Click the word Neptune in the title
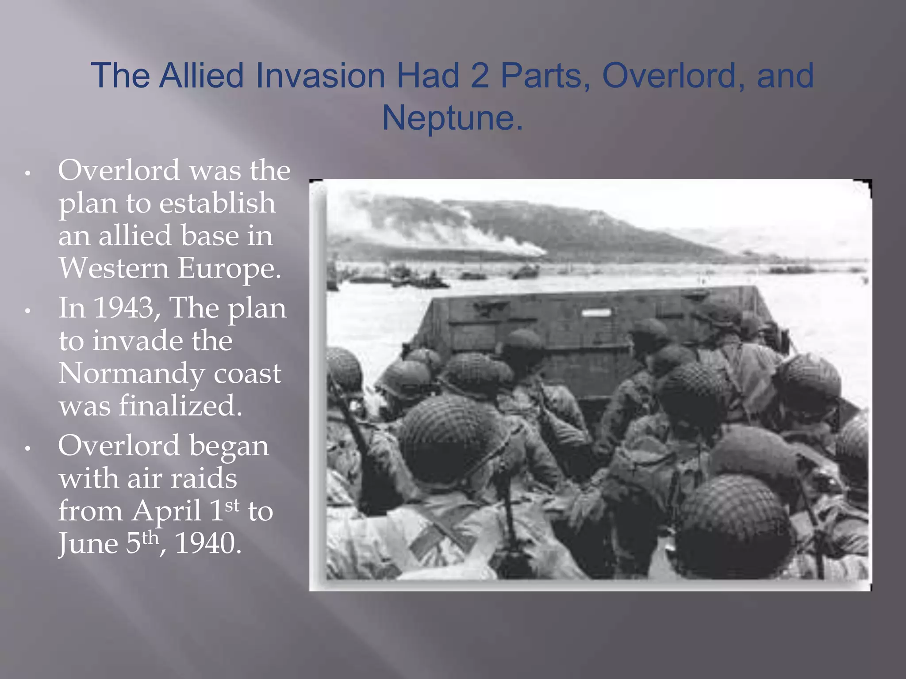pos(452,118)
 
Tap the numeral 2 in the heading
pos(480,76)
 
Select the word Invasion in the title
pos(320,76)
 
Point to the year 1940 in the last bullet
pos(208,543)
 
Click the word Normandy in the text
pos(131,374)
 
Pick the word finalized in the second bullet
pos(180,406)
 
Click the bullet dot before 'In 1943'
pos(27,311)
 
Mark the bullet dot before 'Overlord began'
pos(27,449)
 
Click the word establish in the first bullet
pos(217,203)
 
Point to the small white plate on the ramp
pos(596,313)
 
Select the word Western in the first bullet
pos(114,268)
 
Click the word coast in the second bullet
pos(247,374)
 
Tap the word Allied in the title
pos(201,76)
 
